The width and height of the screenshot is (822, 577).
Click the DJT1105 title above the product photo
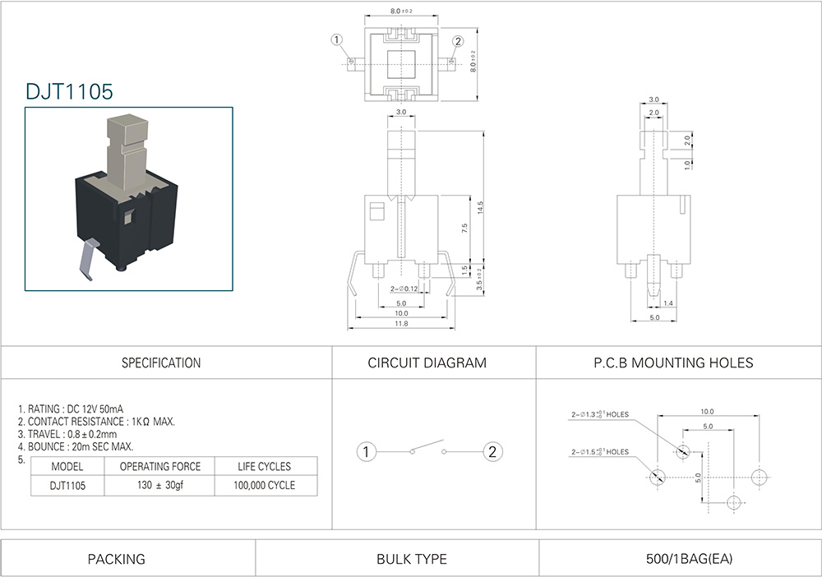tap(69, 92)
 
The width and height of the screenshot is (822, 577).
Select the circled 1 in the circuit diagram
tap(367, 451)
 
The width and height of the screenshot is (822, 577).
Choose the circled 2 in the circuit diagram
tap(492, 451)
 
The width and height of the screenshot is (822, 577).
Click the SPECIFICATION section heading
tap(161, 362)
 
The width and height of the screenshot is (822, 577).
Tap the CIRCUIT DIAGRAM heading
tap(427, 362)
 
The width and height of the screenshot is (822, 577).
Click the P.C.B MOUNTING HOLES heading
tap(673, 362)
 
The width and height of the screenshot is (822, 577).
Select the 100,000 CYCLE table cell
tap(264, 485)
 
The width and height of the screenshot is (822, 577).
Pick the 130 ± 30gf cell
tap(161, 485)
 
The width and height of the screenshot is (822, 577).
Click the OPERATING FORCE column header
tap(160, 466)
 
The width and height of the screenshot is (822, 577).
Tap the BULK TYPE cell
tap(412, 559)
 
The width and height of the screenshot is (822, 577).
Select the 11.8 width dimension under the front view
tap(401, 324)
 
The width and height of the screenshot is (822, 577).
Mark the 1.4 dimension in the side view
tap(668, 304)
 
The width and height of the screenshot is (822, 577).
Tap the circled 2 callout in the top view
tap(458, 41)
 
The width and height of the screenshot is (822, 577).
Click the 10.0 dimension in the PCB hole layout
tap(707, 411)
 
